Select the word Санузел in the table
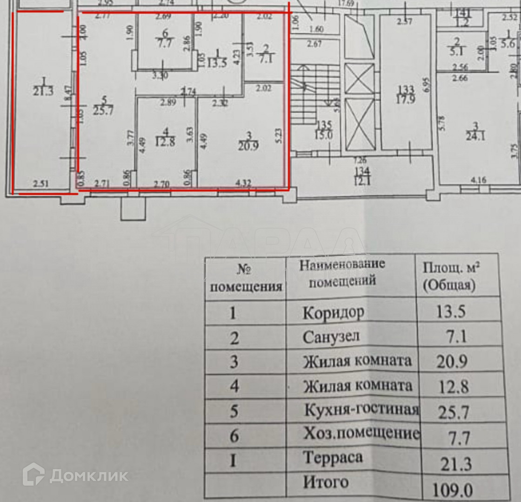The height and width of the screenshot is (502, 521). click(331, 337)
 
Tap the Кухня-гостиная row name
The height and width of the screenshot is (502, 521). click(361, 410)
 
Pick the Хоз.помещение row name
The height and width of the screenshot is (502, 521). click(361, 435)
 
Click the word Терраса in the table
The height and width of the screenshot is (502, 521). click(333, 458)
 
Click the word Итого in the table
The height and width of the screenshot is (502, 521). click(326, 482)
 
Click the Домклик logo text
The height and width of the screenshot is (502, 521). click(88, 475)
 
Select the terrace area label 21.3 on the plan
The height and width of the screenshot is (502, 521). click(40, 92)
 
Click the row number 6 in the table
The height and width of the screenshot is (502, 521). click(235, 436)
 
